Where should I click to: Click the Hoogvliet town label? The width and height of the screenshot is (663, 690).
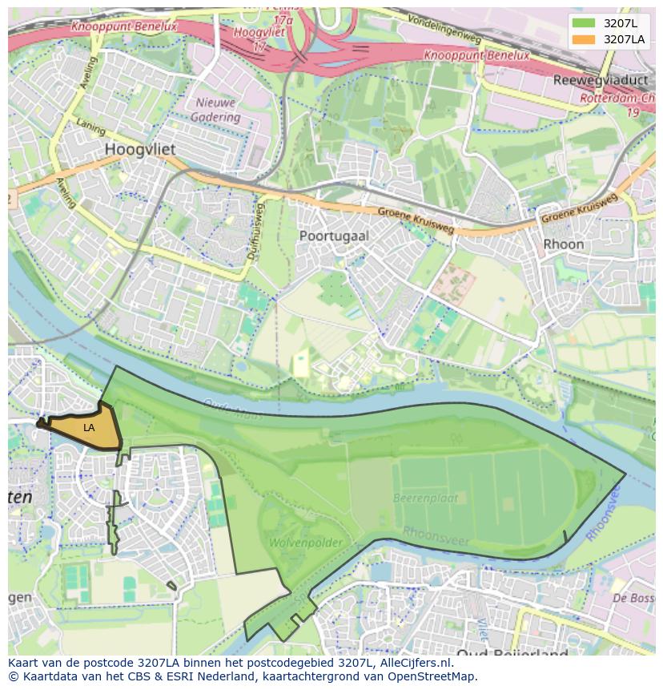tap(140, 150)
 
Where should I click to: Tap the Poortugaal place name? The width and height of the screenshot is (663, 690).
tap(334, 236)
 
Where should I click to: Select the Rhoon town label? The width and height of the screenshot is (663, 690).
tap(563, 244)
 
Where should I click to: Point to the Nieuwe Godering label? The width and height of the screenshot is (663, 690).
tap(215, 110)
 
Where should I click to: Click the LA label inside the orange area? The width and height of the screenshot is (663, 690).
tap(89, 428)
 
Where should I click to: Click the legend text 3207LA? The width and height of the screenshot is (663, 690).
tap(625, 39)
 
